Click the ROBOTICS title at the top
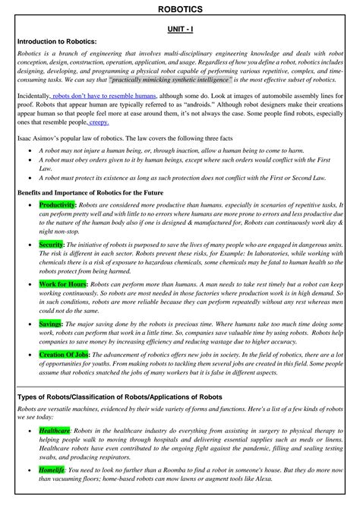pos(180,8)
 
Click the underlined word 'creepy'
pos(100,122)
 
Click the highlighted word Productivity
pos(57,205)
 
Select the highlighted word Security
pos(51,245)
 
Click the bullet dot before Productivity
pos(29,205)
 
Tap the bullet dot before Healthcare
pos(29,430)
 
